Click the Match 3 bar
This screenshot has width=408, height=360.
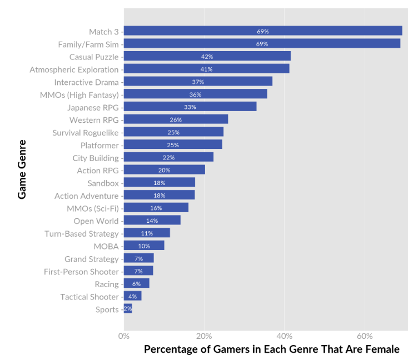(x=262, y=31)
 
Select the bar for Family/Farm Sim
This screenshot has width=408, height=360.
(x=262, y=43)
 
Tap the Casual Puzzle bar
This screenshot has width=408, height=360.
(x=207, y=56)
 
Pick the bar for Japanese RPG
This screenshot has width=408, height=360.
(x=190, y=107)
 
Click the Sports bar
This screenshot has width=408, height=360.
(x=128, y=309)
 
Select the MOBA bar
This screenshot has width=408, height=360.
(x=144, y=246)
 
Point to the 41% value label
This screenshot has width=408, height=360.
(x=206, y=69)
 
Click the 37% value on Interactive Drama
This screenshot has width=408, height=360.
(x=198, y=82)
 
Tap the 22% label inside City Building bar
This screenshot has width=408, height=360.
(x=168, y=158)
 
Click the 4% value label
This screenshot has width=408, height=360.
(x=132, y=297)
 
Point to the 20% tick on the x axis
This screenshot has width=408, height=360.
(x=204, y=336)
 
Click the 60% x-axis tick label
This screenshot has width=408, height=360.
(x=365, y=336)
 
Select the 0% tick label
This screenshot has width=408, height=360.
(x=124, y=336)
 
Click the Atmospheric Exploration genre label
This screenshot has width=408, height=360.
(x=74, y=69)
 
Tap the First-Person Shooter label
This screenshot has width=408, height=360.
(x=81, y=272)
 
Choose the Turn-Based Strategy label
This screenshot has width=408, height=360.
(x=81, y=233)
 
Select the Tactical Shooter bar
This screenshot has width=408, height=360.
(x=132, y=296)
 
